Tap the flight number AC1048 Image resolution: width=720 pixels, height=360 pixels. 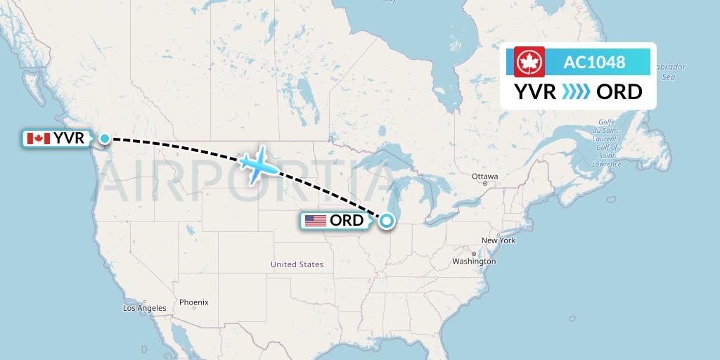[x=594, y=62]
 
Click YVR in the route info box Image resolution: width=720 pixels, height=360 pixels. [x=535, y=91]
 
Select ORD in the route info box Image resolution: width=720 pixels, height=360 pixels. [x=619, y=91]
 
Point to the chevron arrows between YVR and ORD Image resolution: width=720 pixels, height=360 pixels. [x=577, y=91]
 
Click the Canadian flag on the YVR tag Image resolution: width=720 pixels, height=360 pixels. [x=38, y=139]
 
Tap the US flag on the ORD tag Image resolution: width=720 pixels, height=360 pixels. [x=316, y=221]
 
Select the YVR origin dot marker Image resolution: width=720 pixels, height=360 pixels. [x=105, y=139]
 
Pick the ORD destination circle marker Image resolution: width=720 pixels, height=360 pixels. [x=387, y=221]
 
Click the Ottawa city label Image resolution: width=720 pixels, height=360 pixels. [x=485, y=176]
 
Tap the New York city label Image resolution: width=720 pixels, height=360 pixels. [x=499, y=240]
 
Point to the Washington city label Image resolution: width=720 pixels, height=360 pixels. [x=475, y=261]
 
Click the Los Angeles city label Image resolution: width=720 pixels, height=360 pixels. [x=145, y=308]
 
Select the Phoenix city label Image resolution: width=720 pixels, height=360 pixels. [x=193, y=302]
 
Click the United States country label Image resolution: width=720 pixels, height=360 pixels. [x=297, y=264]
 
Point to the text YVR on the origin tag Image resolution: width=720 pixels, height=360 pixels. [x=69, y=139]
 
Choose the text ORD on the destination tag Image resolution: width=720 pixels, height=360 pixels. [x=347, y=221]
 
